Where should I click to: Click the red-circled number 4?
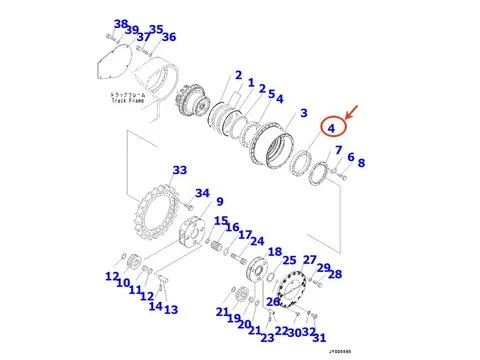[332, 127]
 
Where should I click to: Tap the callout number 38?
[120, 24]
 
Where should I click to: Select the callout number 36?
[169, 38]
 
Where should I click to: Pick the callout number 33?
[179, 171]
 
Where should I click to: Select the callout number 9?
[219, 202]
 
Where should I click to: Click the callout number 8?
[361, 163]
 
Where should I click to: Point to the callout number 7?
[339, 150]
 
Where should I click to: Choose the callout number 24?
[257, 241]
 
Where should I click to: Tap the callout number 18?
[275, 252]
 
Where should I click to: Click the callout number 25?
[290, 261]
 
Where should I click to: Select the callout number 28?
[334, 274]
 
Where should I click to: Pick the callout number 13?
[171, 310]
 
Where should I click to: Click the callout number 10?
[122, 283]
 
